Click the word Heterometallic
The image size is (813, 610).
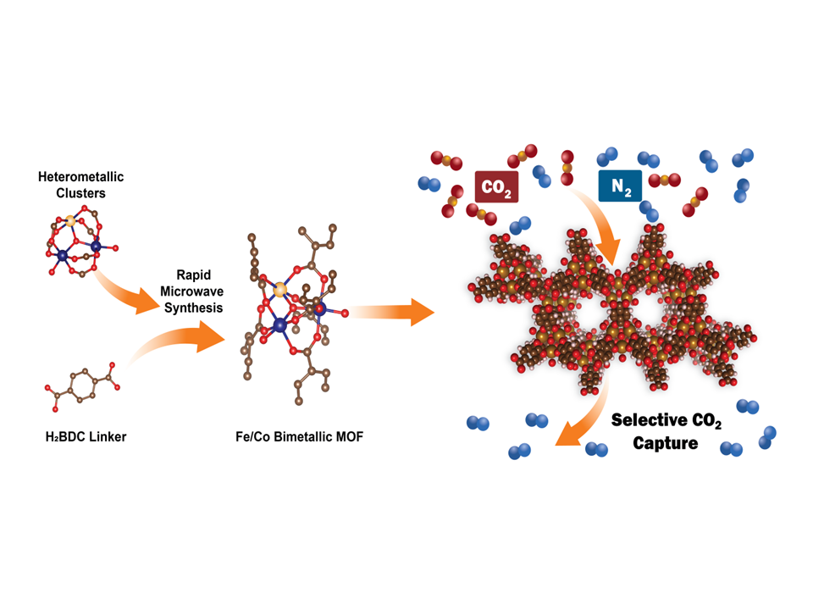(x=81, y=177)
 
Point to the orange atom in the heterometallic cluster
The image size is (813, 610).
(x=71, y=222)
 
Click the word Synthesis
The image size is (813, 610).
(x=200, y=308)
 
